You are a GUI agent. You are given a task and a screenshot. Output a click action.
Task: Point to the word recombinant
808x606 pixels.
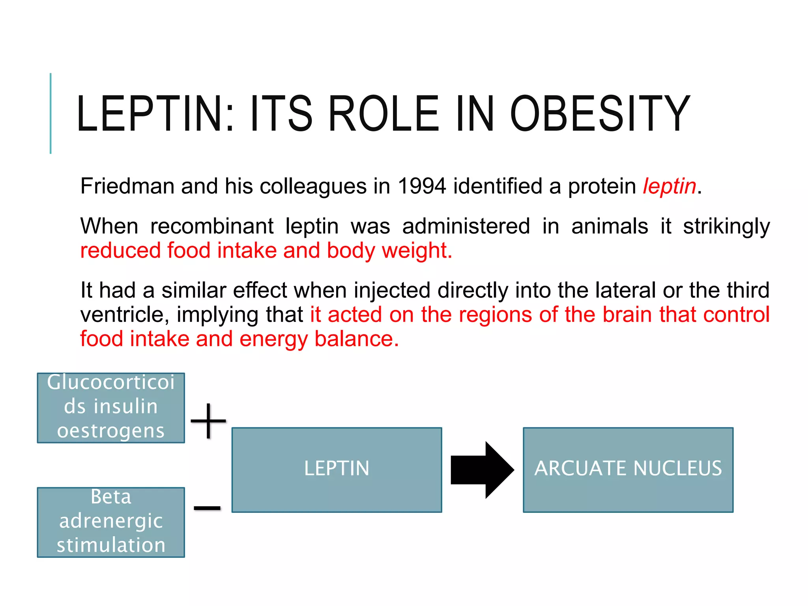click(x=211, y=226)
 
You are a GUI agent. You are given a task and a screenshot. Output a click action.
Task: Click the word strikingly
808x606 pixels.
click(x=726, y=227)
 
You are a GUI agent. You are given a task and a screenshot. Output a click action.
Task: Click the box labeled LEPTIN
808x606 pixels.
click(x=337, y=469)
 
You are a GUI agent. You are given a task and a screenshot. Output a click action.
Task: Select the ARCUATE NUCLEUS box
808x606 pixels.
click(x=628, y=469)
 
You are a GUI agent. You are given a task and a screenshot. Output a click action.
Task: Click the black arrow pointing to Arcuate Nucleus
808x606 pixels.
click(x=482, y=469)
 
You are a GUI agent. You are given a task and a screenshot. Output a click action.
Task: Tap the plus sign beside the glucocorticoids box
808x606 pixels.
click(x=208, y=421)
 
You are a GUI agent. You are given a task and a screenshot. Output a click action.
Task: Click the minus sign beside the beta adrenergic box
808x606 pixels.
click(x=207, y=508)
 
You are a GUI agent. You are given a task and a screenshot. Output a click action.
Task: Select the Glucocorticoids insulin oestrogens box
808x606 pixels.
click(x=111, y=408)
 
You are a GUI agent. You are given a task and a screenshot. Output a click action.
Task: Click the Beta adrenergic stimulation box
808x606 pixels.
click(x=111, y=522)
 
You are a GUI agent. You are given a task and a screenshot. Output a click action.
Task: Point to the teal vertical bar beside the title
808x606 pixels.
click(x=50, y=114)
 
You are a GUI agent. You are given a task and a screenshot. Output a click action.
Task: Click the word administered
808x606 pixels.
click(x=466, y=226)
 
